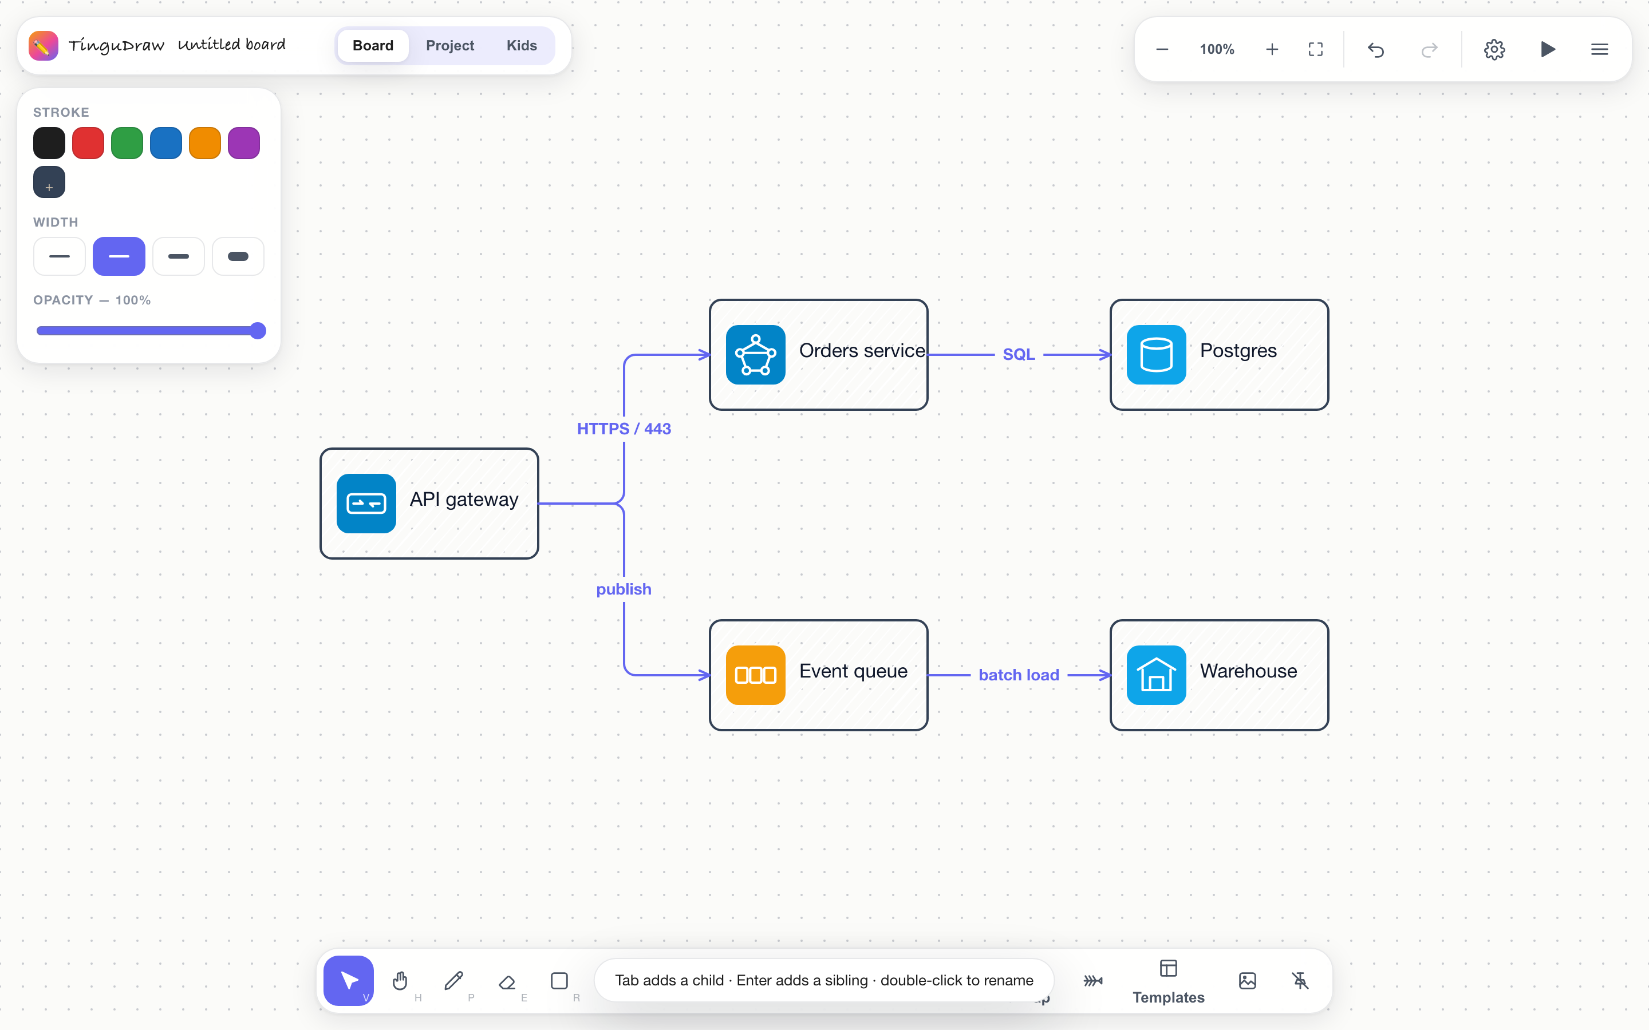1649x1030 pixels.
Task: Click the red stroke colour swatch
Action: pyautogui.click(x=88, y=143)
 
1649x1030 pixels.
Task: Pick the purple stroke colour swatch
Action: pyautogui.click(x=244, y=143)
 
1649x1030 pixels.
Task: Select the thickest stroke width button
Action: pyautogui.click(x=238, y=256)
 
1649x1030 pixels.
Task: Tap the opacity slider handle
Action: pyautogui.click(x=258, y=331)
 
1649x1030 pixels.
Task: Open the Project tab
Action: pyautogui.click(x=449, y=46)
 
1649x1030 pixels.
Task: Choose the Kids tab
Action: pyautogui.click(x=521, y=46)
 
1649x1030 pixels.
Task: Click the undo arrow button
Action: pyautogui.click(x=1376, y=49)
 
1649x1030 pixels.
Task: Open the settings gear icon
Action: pyautogui.click(x=1494, y=49)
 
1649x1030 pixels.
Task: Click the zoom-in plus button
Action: pyautogui.click(x=1272, y=49)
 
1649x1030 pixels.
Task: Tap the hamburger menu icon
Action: pyautogui.click(x=1599, y=49)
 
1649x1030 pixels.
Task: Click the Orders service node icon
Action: pyautogui.click(x=756, y=355)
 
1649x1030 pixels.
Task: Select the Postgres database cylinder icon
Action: pyautogui.click(x=1157, y=355)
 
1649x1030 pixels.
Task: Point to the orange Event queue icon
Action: pyautogui.click(x=756, y=675)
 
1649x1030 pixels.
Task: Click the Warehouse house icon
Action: pyautogui.click(x=1157, y=675)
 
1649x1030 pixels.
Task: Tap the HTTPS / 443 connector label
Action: pyautogui.click(x=624, y=429)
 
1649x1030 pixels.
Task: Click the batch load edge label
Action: pyautogui.click(x=1019, y=675)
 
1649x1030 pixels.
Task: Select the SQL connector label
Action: pyautogui.click(x=1019, y=354)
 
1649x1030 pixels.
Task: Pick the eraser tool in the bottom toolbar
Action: pyautogui.click(x=507, y=981)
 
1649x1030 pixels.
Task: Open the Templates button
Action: pyautogui.click(x=1169, y=981)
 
